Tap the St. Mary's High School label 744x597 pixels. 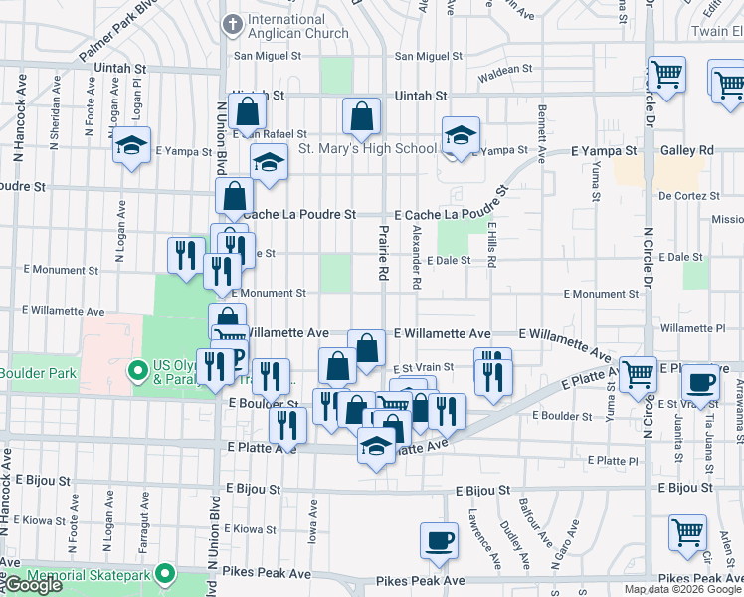[x=367, y=149]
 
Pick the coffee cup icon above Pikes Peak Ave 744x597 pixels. [x=439, y=540]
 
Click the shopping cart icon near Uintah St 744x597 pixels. [x=666, y=73]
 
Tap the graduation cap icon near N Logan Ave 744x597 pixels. [x=131, y=146]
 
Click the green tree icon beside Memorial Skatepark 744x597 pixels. [x=164, y=575]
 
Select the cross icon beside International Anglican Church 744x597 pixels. [x=233, y=23]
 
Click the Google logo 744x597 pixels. [x=33, y=585]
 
